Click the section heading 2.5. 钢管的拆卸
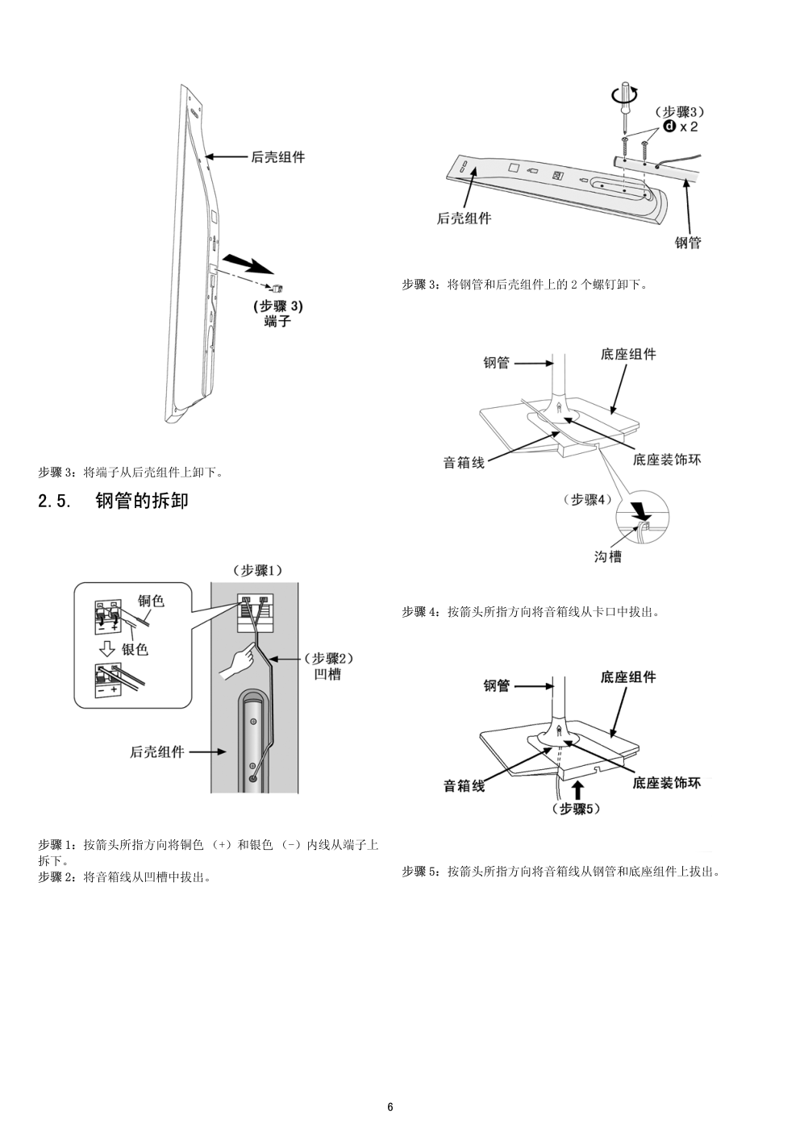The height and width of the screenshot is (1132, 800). click(x=113, y=501)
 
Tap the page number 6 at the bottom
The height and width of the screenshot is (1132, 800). click(x=390, y=1106)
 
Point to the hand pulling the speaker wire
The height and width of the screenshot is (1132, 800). click(x=237, y=663)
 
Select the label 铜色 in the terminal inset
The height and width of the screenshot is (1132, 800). click(x=151, y=601)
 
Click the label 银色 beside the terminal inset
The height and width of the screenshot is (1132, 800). click(x=135, y=648)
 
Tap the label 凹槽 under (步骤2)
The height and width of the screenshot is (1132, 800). click(x=327, y=674)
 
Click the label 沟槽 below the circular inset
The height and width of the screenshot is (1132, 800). click(x=608, y=556)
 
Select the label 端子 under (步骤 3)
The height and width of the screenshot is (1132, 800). click(x=277, y=321)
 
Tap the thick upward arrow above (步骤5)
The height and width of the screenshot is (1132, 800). click(x=577, y=789)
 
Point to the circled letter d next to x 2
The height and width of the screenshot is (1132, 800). click(x=669, y=127)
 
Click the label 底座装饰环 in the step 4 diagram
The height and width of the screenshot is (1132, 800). click(x=667, y=460)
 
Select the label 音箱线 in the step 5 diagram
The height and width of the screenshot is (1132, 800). click(x=464, y=785)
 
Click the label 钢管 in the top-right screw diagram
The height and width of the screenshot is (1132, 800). click(x=688, y=242)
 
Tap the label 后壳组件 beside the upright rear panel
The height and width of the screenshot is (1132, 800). click(x=278, y=157)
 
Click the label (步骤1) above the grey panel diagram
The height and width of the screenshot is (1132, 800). click(x=257, y=570)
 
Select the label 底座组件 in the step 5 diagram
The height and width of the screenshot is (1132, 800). click(x=628, y=677)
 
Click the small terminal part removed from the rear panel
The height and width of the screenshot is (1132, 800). click(x=276, y=287)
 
